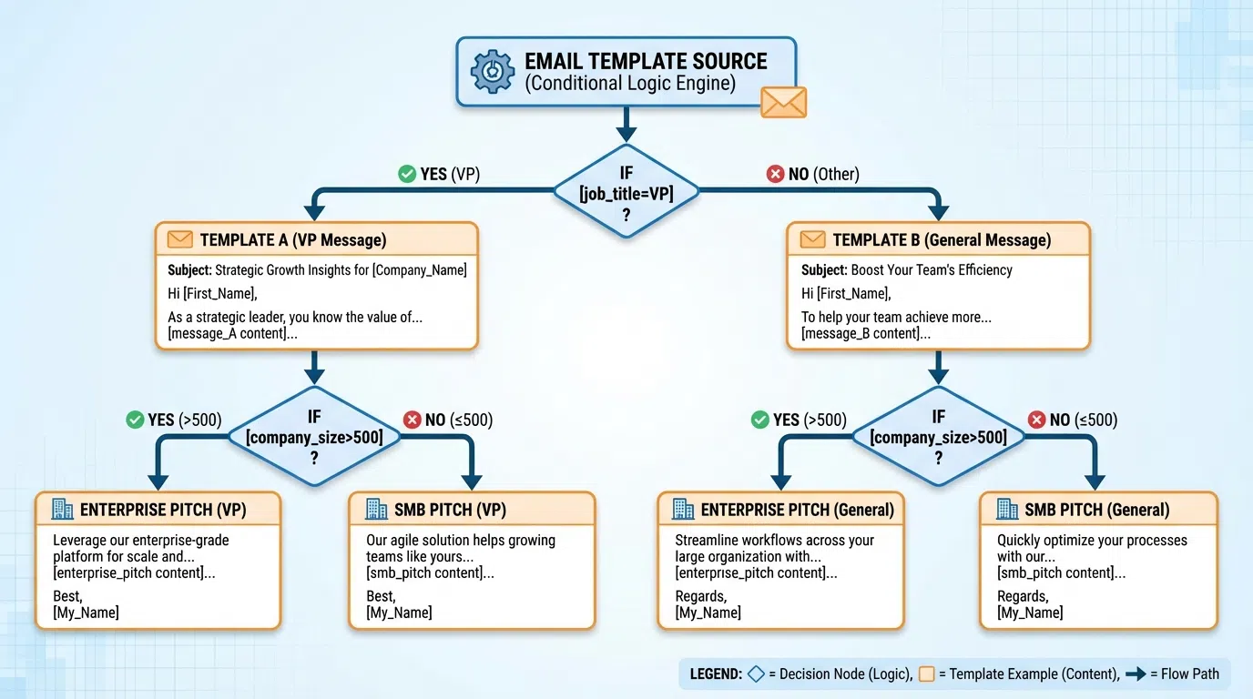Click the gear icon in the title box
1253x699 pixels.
tap(493, 71)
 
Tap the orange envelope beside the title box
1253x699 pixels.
tap(783, 101)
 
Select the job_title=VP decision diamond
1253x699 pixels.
tap(626, 191)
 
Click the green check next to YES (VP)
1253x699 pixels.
tap(407, 174)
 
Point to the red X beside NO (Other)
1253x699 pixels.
tap(775, 174)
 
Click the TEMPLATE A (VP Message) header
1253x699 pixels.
tap(293, 240)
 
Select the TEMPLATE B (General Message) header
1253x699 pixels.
tap(942, 240)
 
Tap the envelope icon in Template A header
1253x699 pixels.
tap(180, 240)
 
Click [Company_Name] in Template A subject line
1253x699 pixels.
tap(419, 269)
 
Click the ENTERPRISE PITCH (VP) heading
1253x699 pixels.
tap(162, 510)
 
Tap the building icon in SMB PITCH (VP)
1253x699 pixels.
tap(376, 509)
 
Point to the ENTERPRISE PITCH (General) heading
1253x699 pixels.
tap(797, 510)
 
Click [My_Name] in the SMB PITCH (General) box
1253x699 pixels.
tap(1030, 613)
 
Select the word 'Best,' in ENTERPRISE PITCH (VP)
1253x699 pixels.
tap(67, 596)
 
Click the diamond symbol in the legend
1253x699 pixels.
tap(756, 674)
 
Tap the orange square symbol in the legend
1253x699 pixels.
tap(928, 674)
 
